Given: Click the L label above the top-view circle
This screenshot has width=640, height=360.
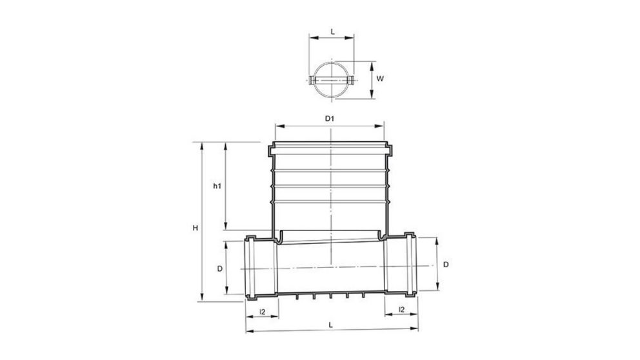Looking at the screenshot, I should [332, 31].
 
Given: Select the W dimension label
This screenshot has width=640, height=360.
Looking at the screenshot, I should [381, 79].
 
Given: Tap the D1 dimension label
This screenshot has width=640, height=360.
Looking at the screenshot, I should [329, 119].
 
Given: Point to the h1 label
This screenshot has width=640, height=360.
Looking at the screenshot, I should [217, 186].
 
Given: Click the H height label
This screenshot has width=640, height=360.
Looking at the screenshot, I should [195, 228].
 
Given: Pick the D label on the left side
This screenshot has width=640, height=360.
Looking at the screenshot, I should [219, 267].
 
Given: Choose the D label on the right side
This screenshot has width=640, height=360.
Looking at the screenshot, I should [445, 265].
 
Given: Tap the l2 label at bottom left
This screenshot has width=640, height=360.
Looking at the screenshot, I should [261, 310].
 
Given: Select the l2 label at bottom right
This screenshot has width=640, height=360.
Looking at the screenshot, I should [401, 310].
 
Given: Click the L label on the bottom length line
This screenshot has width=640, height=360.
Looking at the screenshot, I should [331, 325].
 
